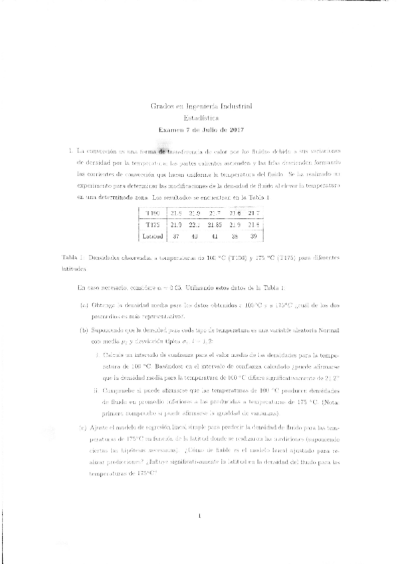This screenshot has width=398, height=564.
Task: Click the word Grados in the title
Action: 162,106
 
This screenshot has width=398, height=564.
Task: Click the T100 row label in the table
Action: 153,213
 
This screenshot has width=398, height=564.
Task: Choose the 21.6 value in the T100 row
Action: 235,213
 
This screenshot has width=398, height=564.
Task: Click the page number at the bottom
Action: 199,515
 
